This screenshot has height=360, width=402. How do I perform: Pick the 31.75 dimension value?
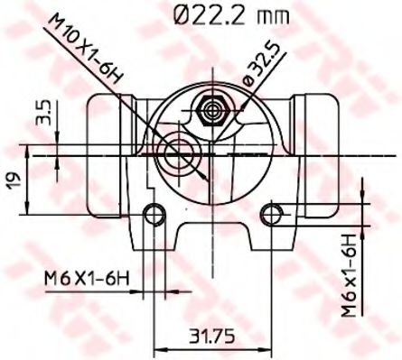[x=213, y=336]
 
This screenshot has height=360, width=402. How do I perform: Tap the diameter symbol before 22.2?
[x=179, y=14]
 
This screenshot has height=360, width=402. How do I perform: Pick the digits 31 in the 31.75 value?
[x=199, y=336]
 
